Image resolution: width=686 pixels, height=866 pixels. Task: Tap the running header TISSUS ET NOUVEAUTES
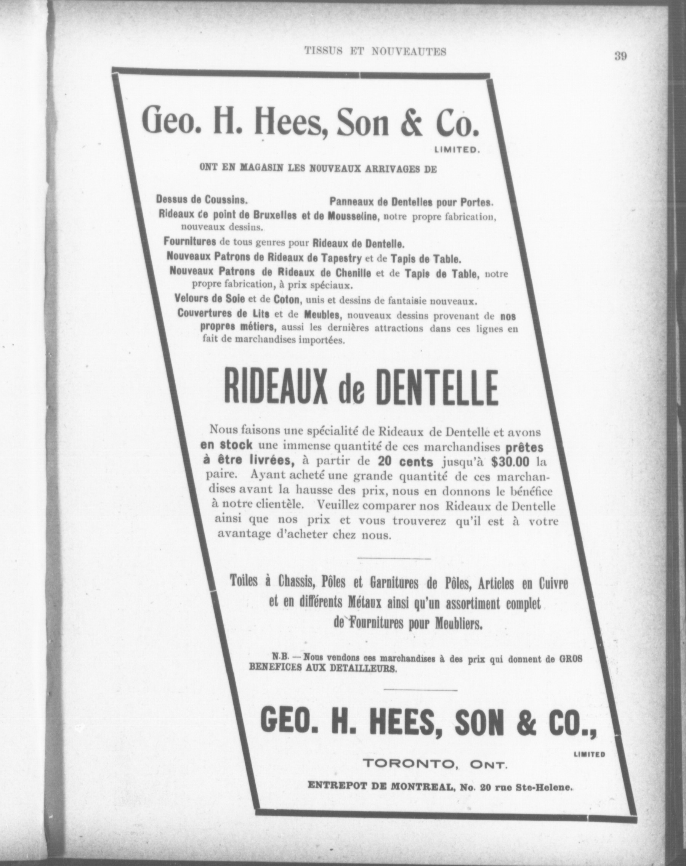click(375, 51)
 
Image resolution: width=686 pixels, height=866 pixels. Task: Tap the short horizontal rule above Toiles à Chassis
click(394, 558)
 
